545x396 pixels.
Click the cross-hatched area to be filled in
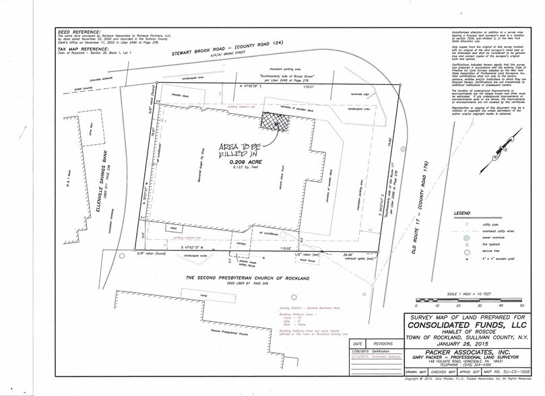click(x=274, y=123)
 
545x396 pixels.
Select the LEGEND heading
click(x=462, y=213)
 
